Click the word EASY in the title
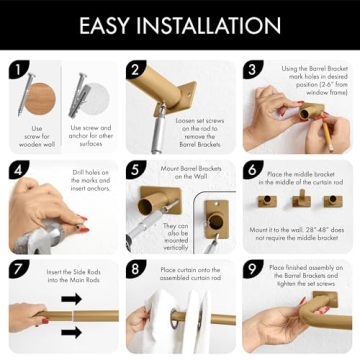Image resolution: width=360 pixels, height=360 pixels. [x=109, y=25]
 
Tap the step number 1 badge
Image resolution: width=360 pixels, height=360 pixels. [x=17, y=69]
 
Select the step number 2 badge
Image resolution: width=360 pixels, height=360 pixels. [x=136, y=69]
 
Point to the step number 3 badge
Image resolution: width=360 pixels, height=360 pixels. [x=254, y=69]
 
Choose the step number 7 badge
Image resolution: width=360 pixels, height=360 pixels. [x=17, y=268]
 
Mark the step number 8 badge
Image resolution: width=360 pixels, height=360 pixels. [x=136, y=268]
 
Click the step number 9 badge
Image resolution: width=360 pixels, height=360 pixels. [x=254, y=268]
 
